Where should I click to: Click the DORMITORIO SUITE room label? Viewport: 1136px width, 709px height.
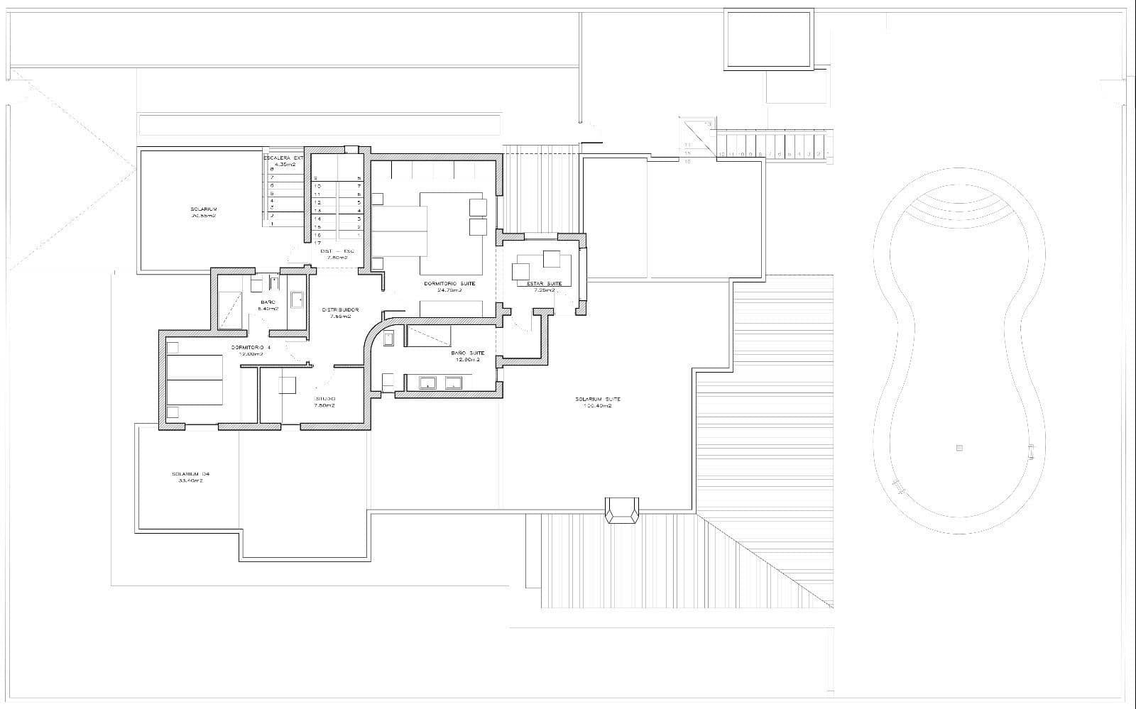[449, 283]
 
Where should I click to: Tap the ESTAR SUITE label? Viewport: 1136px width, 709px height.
[545, 283]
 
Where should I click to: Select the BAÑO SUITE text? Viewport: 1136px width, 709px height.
[467, 353]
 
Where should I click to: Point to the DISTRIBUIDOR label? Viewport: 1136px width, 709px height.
[340, 309]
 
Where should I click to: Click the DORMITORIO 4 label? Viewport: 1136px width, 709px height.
[251, 347]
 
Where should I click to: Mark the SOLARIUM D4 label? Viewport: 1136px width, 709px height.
[190, 474]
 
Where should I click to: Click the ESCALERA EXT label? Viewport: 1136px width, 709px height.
[283, 158]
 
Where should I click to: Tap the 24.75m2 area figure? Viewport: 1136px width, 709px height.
[449, 290]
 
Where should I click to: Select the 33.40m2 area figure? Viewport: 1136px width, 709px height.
[190, 480]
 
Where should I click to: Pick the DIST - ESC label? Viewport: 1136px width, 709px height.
[337, 251]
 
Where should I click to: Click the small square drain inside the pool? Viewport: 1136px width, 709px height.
[958, 448]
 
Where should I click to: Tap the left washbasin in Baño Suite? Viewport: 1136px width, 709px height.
[428, 384]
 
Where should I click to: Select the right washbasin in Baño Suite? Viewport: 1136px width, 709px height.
[453, 384]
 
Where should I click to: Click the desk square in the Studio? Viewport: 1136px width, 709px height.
[288, 385]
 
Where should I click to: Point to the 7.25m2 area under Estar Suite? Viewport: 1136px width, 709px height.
[545, 290]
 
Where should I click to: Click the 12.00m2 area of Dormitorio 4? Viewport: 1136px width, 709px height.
[251, 353]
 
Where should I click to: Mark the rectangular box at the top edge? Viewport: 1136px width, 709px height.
[768, 39]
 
